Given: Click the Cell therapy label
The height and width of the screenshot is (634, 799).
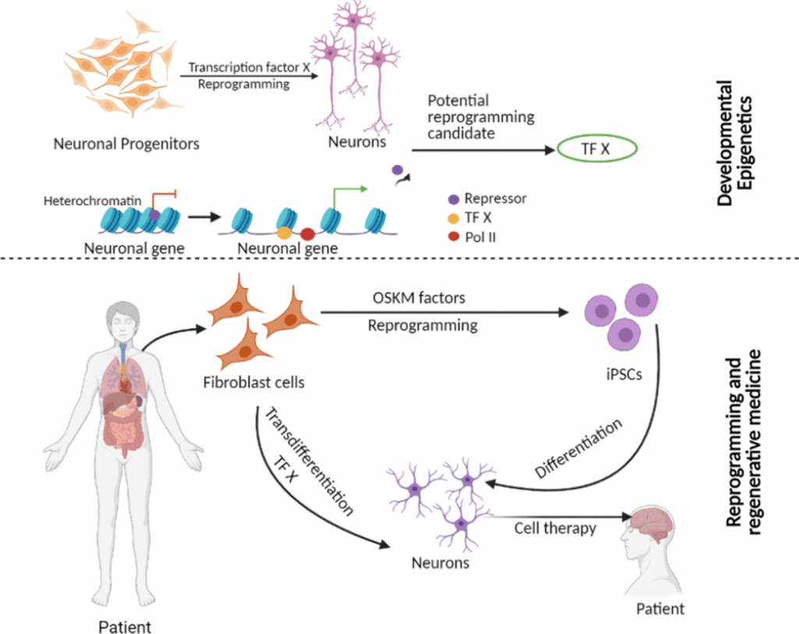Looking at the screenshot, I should [555, 529].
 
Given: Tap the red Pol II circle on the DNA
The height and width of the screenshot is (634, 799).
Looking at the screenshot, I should [307, 233].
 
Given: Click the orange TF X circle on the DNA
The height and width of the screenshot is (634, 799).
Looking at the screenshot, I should [285, 232].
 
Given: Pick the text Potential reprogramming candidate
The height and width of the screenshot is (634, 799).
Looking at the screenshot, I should [481, 117].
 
